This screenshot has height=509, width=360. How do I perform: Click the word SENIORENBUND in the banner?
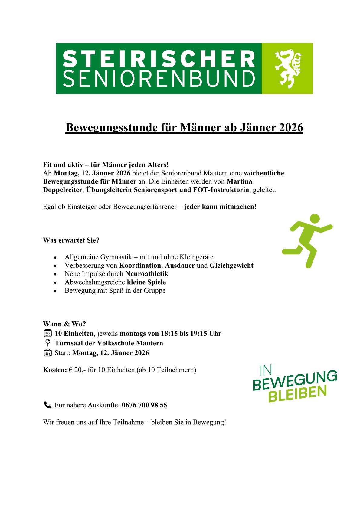tap(159, 79)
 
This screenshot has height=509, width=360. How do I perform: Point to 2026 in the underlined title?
tap(290, 127)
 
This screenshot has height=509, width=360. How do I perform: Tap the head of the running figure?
tap(315, 218)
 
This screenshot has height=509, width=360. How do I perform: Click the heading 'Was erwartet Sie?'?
tap(71, 240)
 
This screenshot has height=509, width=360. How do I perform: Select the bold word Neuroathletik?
tap(147, 274)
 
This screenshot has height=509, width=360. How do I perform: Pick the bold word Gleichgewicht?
tap(231, 266)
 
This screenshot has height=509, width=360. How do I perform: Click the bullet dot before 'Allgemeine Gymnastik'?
tap(55, 258)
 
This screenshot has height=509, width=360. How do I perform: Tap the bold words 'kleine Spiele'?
tap(146, 282)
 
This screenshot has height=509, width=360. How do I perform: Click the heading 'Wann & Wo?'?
tap(64, 324)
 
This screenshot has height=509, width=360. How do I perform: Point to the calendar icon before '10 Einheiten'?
tap(48, 334)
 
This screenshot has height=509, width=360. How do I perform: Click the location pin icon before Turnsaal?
tap(47, 343)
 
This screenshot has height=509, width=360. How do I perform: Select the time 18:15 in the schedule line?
tap(169, 334)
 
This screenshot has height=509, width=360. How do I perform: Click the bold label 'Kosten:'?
tap(55, 370)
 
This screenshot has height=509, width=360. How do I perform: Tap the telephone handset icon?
tap(47, 405)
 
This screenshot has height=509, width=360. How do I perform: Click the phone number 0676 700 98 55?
tap(144, 405)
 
